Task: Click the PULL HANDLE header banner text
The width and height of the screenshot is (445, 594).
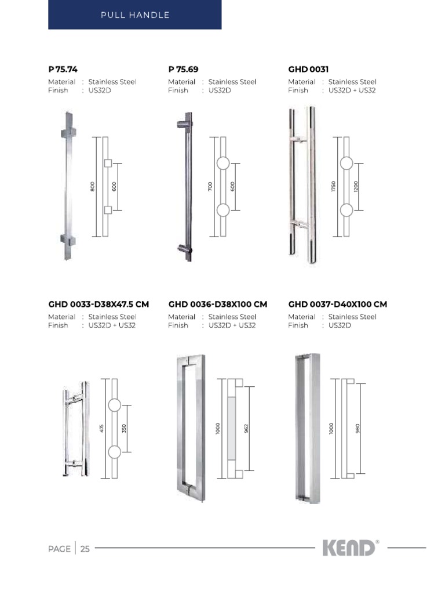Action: [x=134, y=15]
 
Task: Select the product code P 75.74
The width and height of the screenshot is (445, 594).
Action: [x=63, y=69]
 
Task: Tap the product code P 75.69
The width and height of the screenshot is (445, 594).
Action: [x=183, y=69]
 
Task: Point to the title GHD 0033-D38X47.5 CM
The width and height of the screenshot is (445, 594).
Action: [x=99, y=304]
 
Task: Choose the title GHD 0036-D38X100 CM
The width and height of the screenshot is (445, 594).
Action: [x=218, y=304]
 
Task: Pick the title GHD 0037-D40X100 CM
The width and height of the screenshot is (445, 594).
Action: [x=337, y=304]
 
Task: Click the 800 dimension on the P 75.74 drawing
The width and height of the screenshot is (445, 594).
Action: [x=93, y=187]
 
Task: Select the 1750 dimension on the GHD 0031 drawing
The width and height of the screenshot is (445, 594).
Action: [x=334, y=187]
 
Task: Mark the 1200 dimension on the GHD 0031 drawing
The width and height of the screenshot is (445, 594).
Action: [x=356, y=187]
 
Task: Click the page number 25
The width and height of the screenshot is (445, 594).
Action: [x=85, y=549]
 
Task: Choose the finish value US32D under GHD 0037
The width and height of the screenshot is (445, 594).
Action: [x=340, y=325]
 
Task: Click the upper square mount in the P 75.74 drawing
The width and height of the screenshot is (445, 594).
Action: [x=107, y=164]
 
